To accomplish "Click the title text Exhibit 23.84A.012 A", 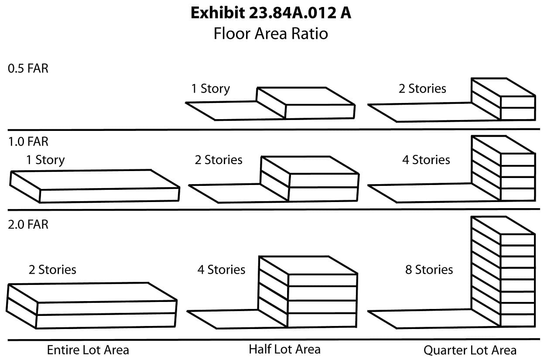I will point(270,13).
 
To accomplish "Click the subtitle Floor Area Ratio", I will point(270,33).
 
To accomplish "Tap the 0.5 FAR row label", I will point(28,69).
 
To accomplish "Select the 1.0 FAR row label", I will point(28,141).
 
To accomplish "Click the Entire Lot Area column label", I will point(88,350).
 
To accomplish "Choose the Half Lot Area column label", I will point(284,349).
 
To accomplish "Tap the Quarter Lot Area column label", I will point(470,350).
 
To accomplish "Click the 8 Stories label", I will point(429,270).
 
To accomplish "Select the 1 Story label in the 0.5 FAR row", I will point(210,89).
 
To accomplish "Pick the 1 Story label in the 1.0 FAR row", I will point(45,160).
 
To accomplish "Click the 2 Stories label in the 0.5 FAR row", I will point(422,89).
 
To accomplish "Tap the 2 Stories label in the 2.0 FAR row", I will point(52,270).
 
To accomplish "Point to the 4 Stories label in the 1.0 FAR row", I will point(426,160).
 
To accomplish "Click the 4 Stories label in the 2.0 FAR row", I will point(221,270).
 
